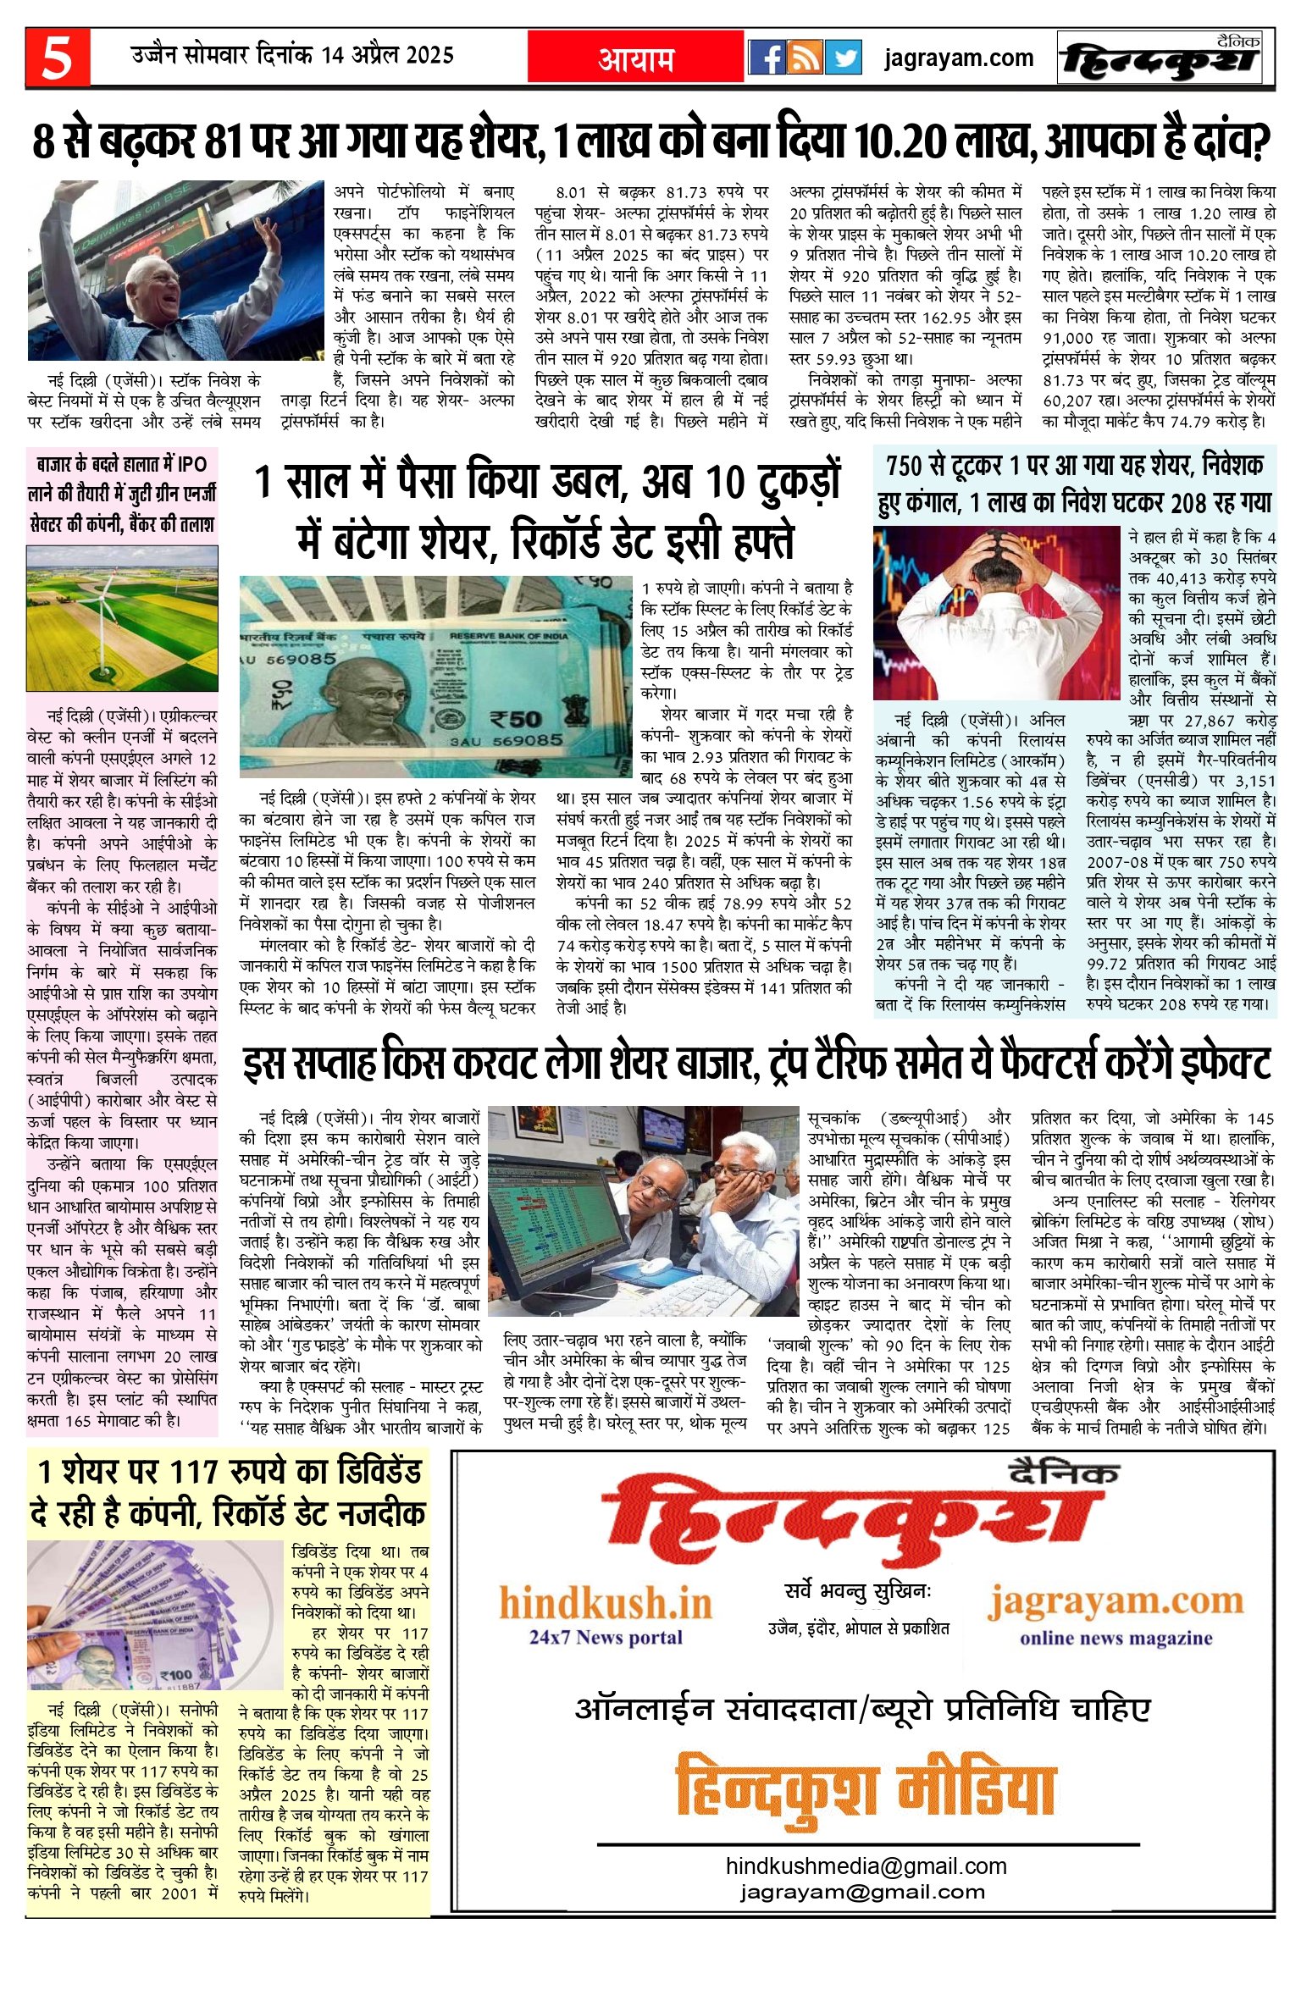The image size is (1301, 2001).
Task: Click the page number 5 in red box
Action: tap(57, 58)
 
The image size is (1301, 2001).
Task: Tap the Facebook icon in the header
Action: tap(767, 58)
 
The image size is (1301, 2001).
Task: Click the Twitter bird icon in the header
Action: tap(843, 58)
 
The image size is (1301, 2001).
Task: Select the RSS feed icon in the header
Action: tap(805, 58)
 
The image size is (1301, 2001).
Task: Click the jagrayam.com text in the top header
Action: tap(959, 58)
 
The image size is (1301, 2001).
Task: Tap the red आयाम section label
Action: tap(636, 58)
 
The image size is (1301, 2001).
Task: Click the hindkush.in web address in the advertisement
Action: tap(605, 1603)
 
